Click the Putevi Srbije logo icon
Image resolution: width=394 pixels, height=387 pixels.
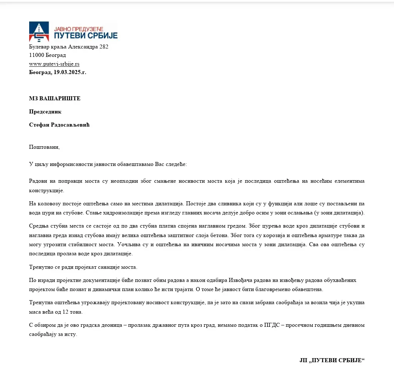pos(39,32)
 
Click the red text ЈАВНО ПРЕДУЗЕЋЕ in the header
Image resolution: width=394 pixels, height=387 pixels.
pos(79,28)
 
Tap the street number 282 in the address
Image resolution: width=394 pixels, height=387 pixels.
pos(104,47)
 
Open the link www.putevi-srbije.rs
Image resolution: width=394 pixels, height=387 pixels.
pos(54,64)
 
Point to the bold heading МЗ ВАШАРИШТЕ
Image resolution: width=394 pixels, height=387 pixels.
pos(55,98)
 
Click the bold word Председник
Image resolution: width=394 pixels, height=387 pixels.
pos(45,112)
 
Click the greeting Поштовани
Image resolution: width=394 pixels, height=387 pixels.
pos(44,147)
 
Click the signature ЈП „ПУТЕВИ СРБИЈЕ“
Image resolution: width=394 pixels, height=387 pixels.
pos(332,360)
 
